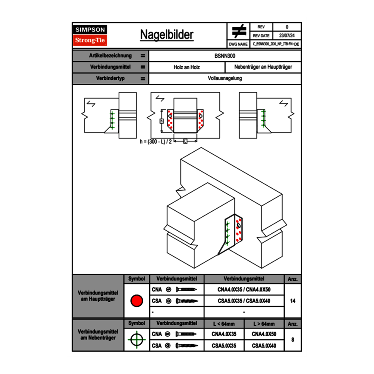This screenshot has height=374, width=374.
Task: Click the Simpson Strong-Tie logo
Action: tap(91, 35)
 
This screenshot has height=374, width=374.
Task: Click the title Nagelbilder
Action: tap(167, 35)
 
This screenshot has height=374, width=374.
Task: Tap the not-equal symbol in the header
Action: tap(239, 31)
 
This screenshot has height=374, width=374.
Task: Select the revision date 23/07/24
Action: tap(287, 36)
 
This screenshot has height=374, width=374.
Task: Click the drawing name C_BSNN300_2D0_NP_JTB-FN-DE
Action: tap(275, 44)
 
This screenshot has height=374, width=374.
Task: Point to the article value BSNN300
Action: tap(225, 56)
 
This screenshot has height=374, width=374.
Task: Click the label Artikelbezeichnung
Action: tap(110, 56)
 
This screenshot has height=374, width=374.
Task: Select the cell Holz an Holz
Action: tap(187, 67)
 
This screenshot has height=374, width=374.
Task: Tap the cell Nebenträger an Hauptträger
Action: tap(263, 67)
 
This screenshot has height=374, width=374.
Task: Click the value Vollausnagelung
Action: tap(225, 78)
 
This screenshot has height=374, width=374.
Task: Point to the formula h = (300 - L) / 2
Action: tap(156, 142)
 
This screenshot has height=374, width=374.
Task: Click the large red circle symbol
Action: tap(136, 301)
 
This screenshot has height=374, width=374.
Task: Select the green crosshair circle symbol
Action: tap(136, 340)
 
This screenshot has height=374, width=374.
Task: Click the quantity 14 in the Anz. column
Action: tap(292, 301)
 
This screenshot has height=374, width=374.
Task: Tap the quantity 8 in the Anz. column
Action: tap(292, 340)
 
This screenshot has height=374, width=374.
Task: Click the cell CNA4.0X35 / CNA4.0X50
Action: tap(244, 289)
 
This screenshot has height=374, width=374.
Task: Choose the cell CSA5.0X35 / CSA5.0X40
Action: tap(244, 301)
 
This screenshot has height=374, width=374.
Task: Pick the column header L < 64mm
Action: tap(224, 324)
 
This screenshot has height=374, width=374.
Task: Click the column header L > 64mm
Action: tap(264, 324)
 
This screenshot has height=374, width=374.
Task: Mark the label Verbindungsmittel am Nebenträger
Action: tap(98, 334)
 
